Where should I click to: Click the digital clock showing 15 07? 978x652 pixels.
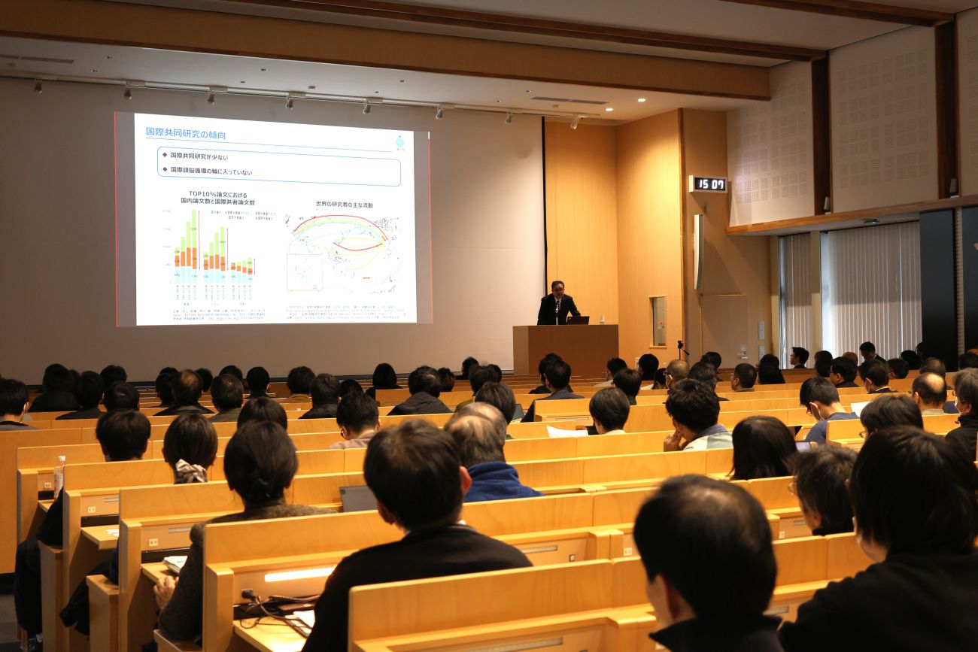(x=708, y=184)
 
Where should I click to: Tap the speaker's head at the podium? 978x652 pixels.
(x=557, y=288)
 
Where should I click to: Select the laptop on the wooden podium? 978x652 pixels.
(x=578, y=320)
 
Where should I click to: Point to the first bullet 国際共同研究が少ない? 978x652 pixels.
(x=199, y=156)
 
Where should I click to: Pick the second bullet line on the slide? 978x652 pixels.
(x=211, y=172)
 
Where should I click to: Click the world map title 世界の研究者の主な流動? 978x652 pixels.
(x=344, y=205)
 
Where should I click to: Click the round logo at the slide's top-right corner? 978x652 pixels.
(x=399, y=141)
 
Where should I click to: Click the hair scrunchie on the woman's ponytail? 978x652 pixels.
(x=190, y=472)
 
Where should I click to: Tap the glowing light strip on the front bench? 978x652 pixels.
(x=299, y=575)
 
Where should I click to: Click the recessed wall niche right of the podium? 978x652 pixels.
(x=658, y=320)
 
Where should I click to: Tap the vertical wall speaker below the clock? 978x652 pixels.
(x=697, y=253)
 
